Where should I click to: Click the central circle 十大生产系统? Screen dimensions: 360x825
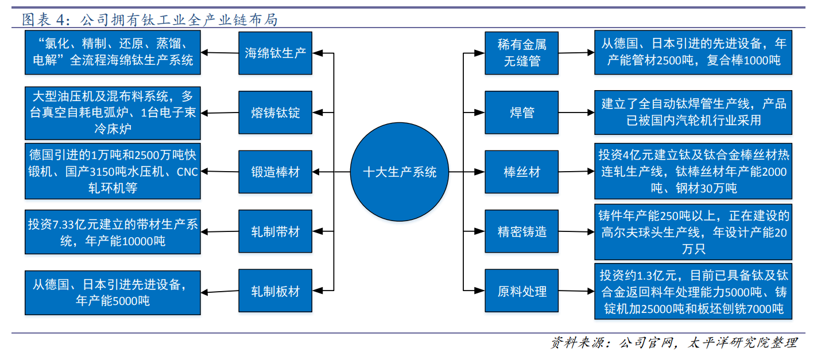(400, 172)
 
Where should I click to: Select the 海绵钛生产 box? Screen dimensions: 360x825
(276, 53)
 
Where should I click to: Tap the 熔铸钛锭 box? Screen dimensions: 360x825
(276, 113)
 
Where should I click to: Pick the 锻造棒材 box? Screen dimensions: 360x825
(276, 172)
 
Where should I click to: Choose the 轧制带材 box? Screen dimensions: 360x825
(276, 231)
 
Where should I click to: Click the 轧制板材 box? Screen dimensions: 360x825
(276, 291)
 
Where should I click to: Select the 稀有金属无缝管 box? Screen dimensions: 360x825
(522, 53)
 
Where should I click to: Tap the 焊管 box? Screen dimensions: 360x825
(522, 113)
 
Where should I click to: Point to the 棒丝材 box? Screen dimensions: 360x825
(522, 172)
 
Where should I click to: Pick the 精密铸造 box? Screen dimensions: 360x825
(522, 231)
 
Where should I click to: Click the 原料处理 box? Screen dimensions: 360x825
(522, 291)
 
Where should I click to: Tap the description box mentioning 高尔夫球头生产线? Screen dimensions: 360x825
(693, 233)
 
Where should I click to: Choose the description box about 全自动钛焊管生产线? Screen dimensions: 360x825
(693, 112)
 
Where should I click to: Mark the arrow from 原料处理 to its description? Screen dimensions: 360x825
(576, 292)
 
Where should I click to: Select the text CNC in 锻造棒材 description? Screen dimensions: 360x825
(187, 172)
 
